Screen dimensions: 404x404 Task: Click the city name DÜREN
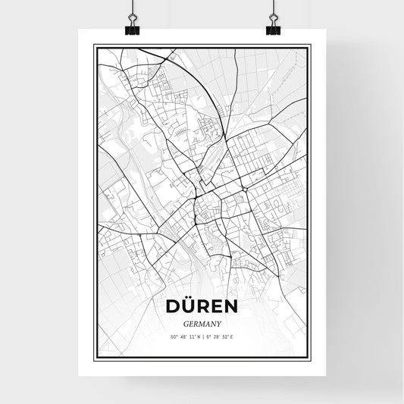tap(202, 305)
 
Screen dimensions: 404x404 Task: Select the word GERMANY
tap(202, 321)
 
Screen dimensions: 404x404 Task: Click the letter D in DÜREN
tap(171, 306)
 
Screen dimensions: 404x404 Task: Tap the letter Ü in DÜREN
tap(187, 306)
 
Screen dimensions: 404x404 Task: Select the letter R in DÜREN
tap(202, 306)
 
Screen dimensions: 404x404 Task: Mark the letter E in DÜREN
tap(218, 306)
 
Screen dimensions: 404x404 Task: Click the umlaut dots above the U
tap(187, 298)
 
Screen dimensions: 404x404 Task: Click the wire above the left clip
tap(131, 9)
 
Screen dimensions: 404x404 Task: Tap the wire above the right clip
tap(273, 9)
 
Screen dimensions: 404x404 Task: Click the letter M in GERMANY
tap(202, 321)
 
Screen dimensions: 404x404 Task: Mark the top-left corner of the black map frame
tap(94, 45)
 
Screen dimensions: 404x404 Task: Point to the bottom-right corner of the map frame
tap(310, 359)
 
